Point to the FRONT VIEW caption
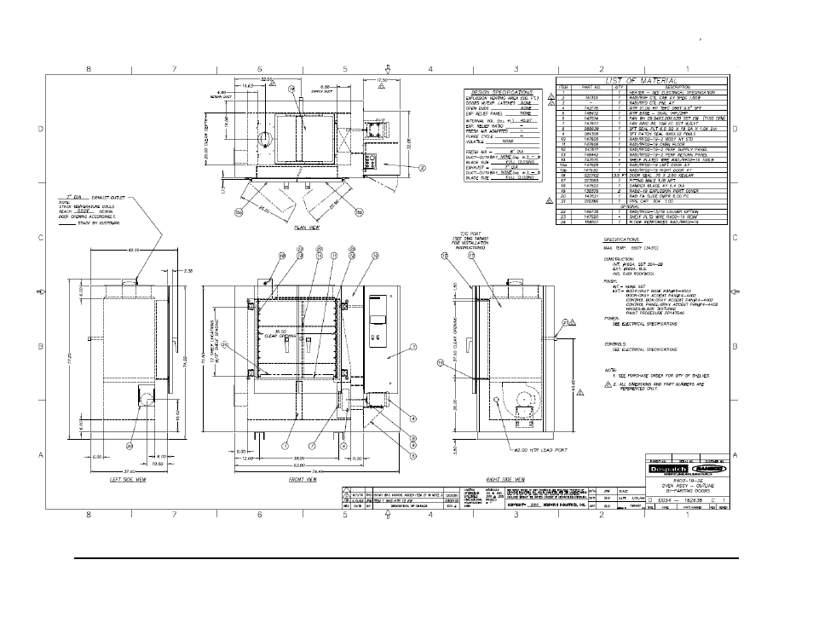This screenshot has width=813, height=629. click(x=301, y=480)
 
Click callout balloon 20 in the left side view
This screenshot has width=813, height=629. click(x=130, y=445)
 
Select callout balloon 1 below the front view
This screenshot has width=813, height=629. click(x=286, y=445)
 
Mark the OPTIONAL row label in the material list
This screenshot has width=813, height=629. click(x=640, y=205)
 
